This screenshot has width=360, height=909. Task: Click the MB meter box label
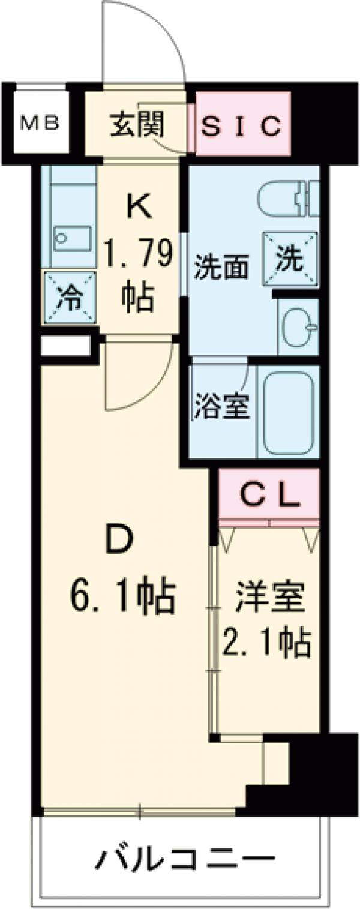[40, 125]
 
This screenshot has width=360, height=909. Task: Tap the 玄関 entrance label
[137, 125]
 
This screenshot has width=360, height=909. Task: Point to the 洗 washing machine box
[291, 260]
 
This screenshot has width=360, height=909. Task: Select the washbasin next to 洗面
[299, 327]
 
